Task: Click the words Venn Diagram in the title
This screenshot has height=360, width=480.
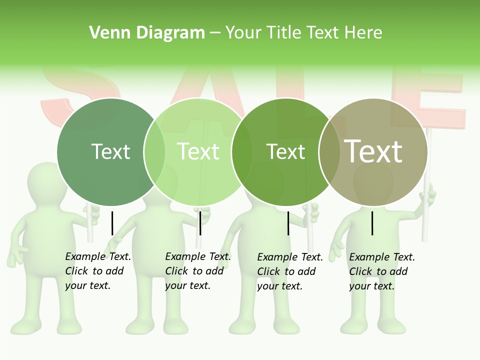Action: coord(147,33)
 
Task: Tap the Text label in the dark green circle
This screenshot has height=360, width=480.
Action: coord(110,151)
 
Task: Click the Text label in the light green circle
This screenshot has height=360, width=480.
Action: coord(198,151)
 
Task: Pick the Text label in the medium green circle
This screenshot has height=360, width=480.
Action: coord(285,151)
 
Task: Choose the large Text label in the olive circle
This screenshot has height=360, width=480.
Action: coord(373,151)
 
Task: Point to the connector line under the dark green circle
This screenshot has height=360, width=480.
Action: coord(112,223)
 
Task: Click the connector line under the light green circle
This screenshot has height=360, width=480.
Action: coord(200,223)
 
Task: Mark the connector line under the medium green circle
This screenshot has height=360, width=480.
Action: coord(288,223)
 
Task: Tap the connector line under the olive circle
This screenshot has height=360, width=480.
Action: coord(372,223)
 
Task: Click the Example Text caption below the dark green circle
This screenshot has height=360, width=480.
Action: coord(98,271)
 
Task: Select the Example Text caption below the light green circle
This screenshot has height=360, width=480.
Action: coord(198,271)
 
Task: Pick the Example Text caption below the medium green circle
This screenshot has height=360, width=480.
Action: coord(290,271)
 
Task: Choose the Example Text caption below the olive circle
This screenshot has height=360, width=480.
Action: coord(382,271)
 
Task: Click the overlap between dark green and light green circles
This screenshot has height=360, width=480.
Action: coord(154,152)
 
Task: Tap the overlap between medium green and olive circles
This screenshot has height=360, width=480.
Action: coord(329,152)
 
